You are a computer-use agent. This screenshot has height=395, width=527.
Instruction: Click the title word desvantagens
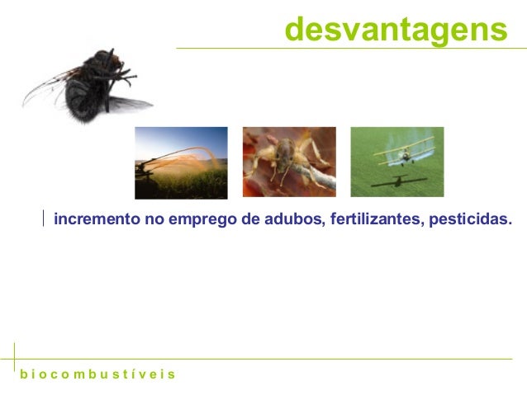pos(396,30)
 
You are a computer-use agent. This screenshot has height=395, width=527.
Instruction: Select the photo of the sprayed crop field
pos(181,162)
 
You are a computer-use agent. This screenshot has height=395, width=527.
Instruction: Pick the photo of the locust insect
pos(288,162)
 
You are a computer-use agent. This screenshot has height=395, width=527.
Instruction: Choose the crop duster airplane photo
pos(396,162)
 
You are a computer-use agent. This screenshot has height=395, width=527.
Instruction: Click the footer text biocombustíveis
pos(97,374)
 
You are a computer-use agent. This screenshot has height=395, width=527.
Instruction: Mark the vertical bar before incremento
pos(45,219)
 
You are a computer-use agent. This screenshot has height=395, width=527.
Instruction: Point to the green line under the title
pos(347,48)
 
